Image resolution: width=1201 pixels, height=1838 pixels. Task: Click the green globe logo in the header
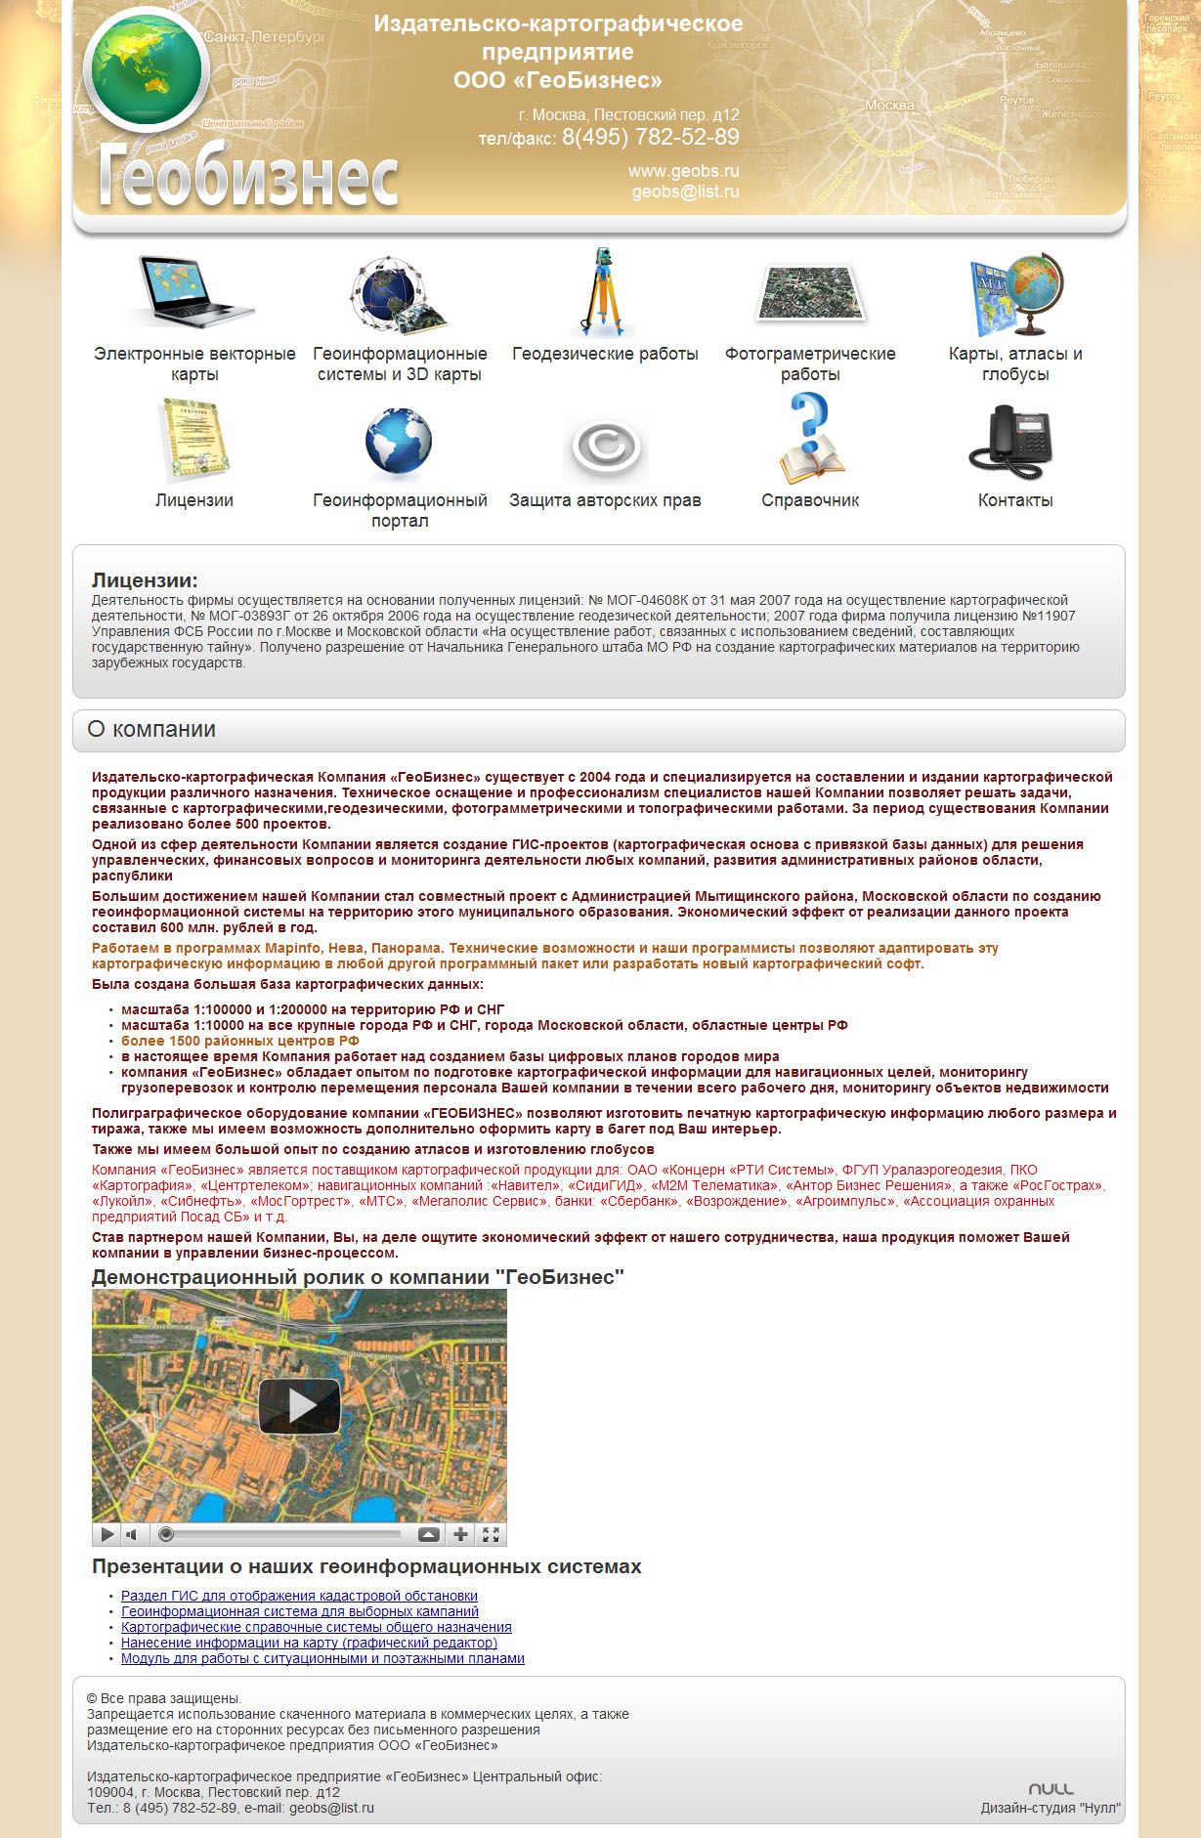coord(147,70)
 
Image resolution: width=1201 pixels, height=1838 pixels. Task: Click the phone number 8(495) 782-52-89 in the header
coord(650,138)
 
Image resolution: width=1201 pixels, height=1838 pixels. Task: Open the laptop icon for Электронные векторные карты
coord(194,291)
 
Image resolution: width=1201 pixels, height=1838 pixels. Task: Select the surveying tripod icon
coord(603,293)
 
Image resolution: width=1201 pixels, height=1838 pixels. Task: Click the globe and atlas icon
coord(1015,294)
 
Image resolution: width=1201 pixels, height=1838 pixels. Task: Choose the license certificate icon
coord(194,441)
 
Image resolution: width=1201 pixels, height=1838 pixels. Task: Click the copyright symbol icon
coord(606,449)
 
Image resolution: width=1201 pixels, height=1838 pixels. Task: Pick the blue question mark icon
coord(809,438)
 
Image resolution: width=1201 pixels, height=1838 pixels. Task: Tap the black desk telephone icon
coord(1013,443)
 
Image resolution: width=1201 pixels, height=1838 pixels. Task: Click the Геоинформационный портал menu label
coord(400,510)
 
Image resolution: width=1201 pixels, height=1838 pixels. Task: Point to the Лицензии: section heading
coord(145,580)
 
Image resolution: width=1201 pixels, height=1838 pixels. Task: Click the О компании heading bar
coord(598,730)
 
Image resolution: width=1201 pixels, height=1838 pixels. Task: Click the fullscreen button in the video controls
coord(492,1534)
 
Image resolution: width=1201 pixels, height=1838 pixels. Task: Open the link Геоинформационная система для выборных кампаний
coord(300,1611)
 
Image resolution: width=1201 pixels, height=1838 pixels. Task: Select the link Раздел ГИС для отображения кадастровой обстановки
coord(299,1596)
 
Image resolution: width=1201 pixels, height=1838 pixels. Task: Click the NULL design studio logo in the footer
coord(1051,1789)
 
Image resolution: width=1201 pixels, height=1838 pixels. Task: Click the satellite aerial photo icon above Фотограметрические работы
coord(810,293)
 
